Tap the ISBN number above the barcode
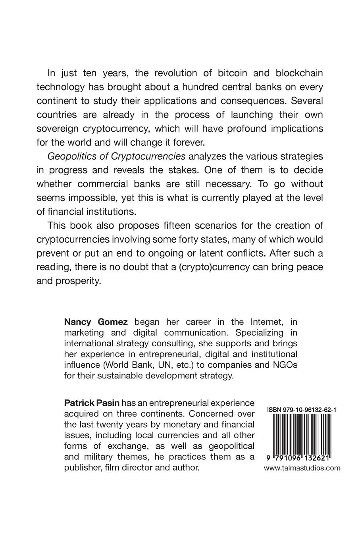click(x=302, y=408)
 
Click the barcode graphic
click(x=302, y=433)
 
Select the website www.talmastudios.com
click(x=302, y=468)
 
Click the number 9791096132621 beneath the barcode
click(x=302, y=457)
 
